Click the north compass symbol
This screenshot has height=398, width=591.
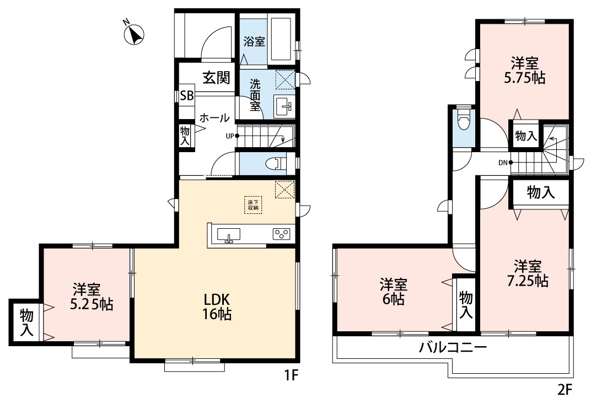tap(134, 34)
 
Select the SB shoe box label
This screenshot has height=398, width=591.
tap(186, 95)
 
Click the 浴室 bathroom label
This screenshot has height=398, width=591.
tap(254, 41)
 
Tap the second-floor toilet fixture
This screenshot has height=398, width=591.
tap(463, 120)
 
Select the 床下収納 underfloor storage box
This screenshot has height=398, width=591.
tap(253, 205)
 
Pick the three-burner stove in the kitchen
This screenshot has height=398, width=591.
tap(281, 234)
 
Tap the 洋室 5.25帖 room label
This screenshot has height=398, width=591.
tap(86, 297)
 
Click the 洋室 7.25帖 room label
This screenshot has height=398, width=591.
tap(528, 273)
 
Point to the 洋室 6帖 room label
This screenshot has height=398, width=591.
tap(393, 292)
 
